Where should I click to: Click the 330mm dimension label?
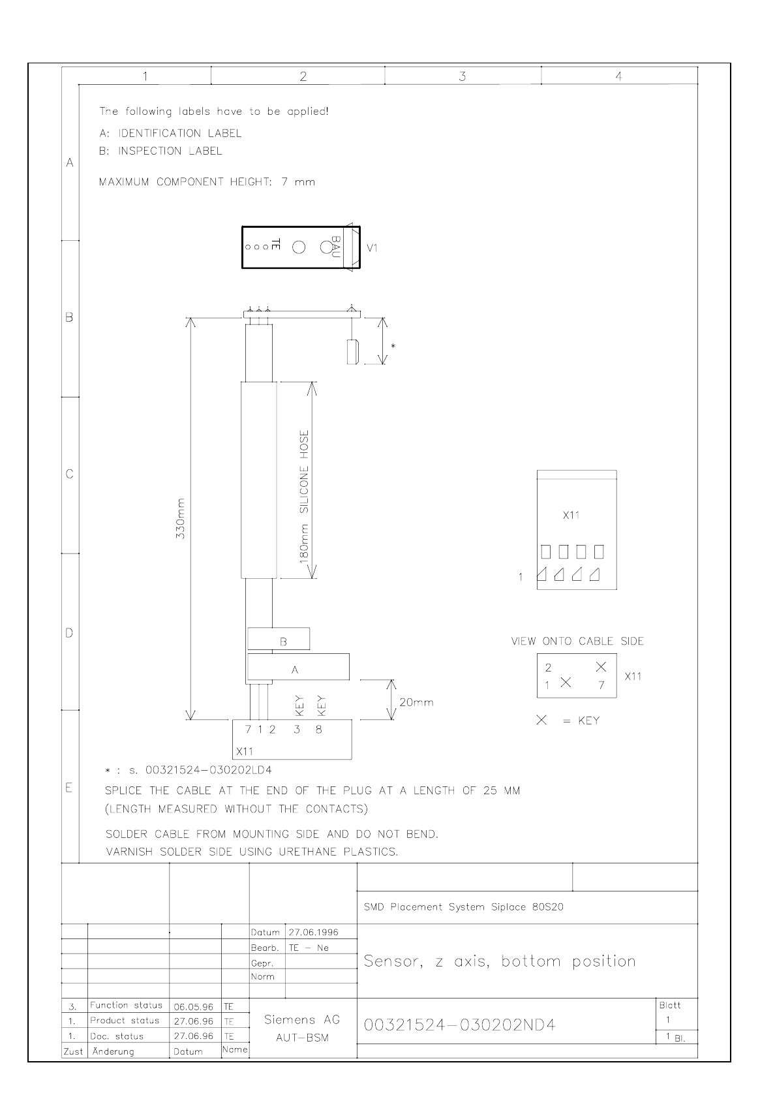click(181, 519)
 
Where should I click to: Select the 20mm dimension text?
click(416, 703)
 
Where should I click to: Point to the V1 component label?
click(372, 248)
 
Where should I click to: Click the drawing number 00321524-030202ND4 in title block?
click(459, 1025)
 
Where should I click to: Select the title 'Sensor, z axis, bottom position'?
click(499, 961)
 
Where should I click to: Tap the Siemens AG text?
click(302, 1020)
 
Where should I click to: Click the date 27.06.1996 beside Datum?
click(313, 932)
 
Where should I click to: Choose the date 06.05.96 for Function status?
click(194, 1007)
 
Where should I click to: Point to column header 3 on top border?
click(462, 76)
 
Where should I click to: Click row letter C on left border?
click(70, 474)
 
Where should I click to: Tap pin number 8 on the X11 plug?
click(318, 730)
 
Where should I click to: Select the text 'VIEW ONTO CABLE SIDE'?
click(577, 642)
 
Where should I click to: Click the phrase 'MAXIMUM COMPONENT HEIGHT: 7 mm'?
click(207, 182)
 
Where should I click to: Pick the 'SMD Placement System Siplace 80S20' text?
click(463, 907)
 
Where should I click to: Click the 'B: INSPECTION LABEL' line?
click(160, 151)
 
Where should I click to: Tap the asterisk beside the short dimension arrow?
click(392, 345)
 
